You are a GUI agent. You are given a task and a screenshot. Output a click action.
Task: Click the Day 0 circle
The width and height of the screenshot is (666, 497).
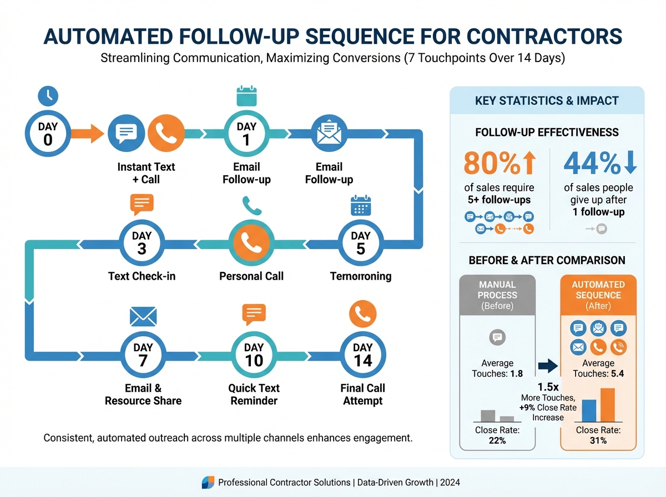point(48,134)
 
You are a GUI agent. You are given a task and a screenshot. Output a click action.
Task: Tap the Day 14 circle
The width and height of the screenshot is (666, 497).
point(362,354)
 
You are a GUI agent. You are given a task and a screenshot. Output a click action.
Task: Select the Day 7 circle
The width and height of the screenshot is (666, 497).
point(143,354)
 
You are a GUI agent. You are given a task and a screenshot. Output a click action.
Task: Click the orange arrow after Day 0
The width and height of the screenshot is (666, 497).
point(89,134)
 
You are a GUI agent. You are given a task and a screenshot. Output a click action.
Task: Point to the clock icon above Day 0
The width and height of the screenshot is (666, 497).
point(48,95)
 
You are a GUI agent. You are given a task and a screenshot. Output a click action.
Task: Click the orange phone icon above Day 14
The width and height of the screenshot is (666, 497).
point(362,315)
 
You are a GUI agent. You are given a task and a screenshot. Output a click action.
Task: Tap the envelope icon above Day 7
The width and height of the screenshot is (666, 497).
point(143,316)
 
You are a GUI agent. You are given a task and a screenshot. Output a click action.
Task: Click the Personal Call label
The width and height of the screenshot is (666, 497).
point(251,276)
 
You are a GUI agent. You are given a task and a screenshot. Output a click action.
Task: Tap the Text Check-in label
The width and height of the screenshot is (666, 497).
point(142,276)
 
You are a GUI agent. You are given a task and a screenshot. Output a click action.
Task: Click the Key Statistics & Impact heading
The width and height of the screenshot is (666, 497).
point(547,102)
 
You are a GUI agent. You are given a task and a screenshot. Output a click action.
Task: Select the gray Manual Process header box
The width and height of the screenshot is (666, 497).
point(497,295)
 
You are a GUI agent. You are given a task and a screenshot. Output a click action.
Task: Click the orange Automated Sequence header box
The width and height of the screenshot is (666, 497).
point(598,295)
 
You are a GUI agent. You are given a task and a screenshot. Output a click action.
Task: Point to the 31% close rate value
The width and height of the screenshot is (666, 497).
point(598,440)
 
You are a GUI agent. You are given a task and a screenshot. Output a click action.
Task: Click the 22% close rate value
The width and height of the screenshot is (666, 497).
point(497,440)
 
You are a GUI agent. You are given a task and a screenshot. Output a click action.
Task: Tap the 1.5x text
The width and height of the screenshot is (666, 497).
point(548,387)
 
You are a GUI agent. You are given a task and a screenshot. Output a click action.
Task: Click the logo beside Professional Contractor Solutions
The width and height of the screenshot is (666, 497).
point(207,483)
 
